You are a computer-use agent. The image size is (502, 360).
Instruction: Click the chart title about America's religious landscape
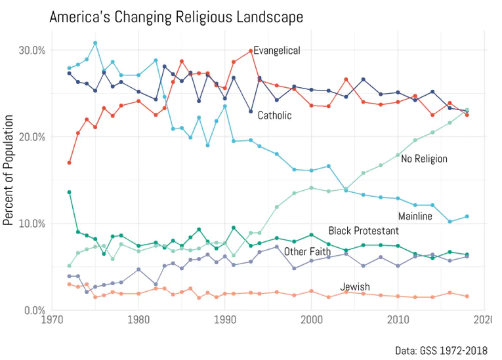177,17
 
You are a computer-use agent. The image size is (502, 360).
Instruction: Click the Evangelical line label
277,50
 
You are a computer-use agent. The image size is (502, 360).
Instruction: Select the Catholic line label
274,115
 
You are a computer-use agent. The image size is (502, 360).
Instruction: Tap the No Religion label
424,159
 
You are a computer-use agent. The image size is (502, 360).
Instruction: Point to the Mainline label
415,216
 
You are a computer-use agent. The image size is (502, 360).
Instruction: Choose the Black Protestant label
364,231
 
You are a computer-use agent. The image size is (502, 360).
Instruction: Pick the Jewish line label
355,287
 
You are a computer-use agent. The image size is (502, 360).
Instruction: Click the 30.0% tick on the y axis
31,50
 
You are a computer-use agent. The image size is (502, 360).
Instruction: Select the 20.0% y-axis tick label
31,137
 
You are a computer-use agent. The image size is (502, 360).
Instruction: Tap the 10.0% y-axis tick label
31,224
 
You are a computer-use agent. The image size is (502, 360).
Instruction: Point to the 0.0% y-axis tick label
33,310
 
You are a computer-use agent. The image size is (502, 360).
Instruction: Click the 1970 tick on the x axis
52,321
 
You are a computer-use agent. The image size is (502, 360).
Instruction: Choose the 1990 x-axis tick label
225,321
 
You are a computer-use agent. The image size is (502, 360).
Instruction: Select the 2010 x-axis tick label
398,321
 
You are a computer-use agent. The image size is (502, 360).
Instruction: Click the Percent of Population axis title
9,169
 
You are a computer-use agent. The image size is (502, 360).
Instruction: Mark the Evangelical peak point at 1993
251,51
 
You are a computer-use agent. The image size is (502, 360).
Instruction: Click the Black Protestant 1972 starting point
70,192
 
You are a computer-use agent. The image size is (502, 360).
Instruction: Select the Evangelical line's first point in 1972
70,163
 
